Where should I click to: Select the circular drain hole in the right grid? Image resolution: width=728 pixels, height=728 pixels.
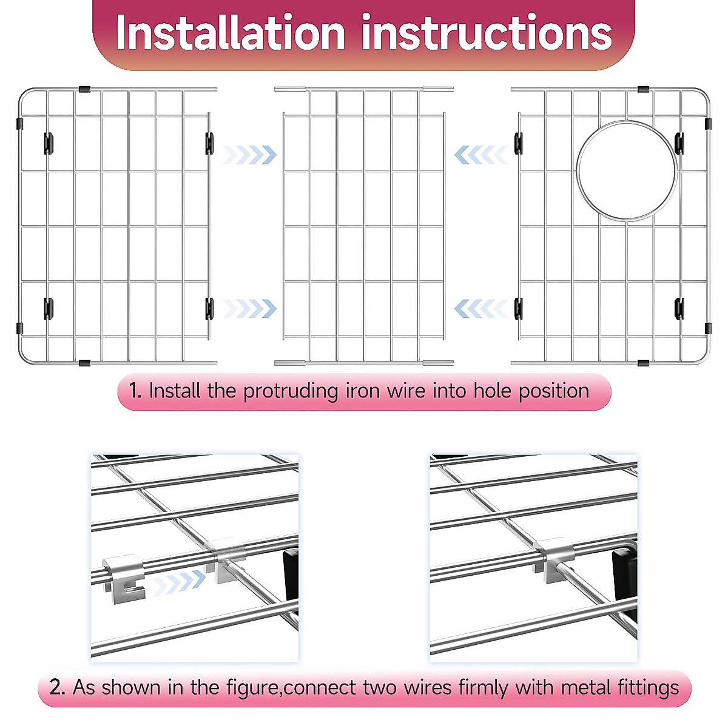point(626,170)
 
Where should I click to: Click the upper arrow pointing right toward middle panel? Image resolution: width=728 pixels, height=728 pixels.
point(249,155)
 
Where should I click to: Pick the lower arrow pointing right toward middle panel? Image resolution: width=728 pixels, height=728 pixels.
point(249,309)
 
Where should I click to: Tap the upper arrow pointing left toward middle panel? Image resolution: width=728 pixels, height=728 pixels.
point(480,155)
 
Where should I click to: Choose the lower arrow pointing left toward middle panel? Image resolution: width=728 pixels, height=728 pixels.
point(480,309)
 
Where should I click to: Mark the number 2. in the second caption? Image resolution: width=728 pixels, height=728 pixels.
point(57,688)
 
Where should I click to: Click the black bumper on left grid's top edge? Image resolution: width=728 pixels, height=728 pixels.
point(84,89)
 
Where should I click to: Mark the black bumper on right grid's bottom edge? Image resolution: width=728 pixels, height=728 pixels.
point(643,363)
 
